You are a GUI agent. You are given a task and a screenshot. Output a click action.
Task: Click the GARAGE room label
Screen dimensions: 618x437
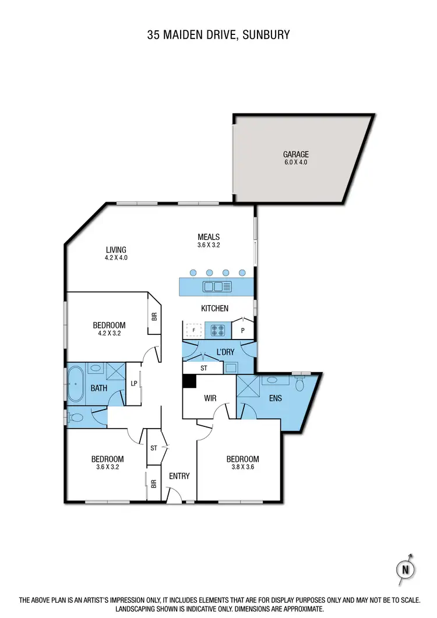click(295, 154)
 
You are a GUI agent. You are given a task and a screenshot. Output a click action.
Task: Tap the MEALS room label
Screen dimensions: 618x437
click(208, 236)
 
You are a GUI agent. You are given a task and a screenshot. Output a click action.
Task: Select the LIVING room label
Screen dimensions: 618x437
click(115, 250)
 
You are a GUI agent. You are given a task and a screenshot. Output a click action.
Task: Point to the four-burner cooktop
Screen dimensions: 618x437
click(217, 330)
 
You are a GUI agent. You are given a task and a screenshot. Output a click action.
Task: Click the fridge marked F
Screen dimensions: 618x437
click(193, 330)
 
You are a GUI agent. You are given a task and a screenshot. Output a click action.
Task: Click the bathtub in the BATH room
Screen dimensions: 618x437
click(75, 384)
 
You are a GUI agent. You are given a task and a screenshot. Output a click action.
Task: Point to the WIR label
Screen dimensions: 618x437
click(210, 399)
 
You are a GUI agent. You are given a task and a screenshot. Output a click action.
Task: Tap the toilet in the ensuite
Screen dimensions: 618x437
click(300, 384)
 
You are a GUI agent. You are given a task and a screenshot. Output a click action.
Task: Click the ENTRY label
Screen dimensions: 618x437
click(179, 476)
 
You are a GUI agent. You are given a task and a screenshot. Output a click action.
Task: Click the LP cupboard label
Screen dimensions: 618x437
click(133, 383)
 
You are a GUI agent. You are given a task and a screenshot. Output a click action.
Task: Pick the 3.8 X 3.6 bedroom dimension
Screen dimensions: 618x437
click(242, 467)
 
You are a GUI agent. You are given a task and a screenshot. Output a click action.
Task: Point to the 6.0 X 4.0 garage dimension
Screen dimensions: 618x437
click(295, 163)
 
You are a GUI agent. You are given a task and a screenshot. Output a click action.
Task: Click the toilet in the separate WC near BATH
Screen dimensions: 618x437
click(76, 418)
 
